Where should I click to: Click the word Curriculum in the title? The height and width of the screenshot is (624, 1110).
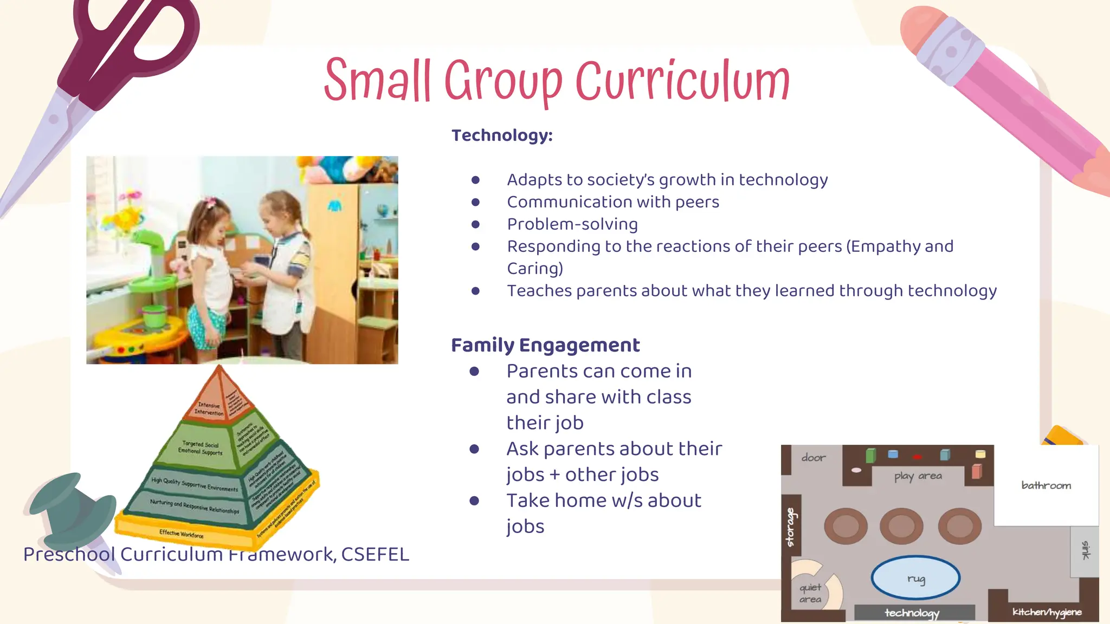682,81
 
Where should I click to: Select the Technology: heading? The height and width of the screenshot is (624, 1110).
502,135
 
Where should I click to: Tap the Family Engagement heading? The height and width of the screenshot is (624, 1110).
545,345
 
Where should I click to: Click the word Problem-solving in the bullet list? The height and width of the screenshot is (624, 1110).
572,224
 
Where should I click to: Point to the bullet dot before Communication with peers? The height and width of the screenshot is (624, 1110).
475,202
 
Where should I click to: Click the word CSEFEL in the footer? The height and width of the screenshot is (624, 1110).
375,554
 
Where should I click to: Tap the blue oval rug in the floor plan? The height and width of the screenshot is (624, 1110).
915,577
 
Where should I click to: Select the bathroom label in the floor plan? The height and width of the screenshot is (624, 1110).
1046,485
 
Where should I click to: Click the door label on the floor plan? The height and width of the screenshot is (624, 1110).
814,458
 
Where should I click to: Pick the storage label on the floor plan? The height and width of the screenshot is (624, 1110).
791,527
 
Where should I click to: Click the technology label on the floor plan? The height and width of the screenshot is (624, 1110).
912,613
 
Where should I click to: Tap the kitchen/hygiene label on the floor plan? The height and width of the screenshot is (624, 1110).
1047,612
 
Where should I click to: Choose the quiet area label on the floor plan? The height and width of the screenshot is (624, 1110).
810,593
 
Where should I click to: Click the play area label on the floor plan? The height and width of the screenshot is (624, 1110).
918,476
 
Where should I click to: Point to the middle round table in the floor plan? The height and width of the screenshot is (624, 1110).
901,526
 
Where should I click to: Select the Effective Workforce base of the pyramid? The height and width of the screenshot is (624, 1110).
182,534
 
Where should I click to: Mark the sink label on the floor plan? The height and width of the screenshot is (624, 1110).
1085,550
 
